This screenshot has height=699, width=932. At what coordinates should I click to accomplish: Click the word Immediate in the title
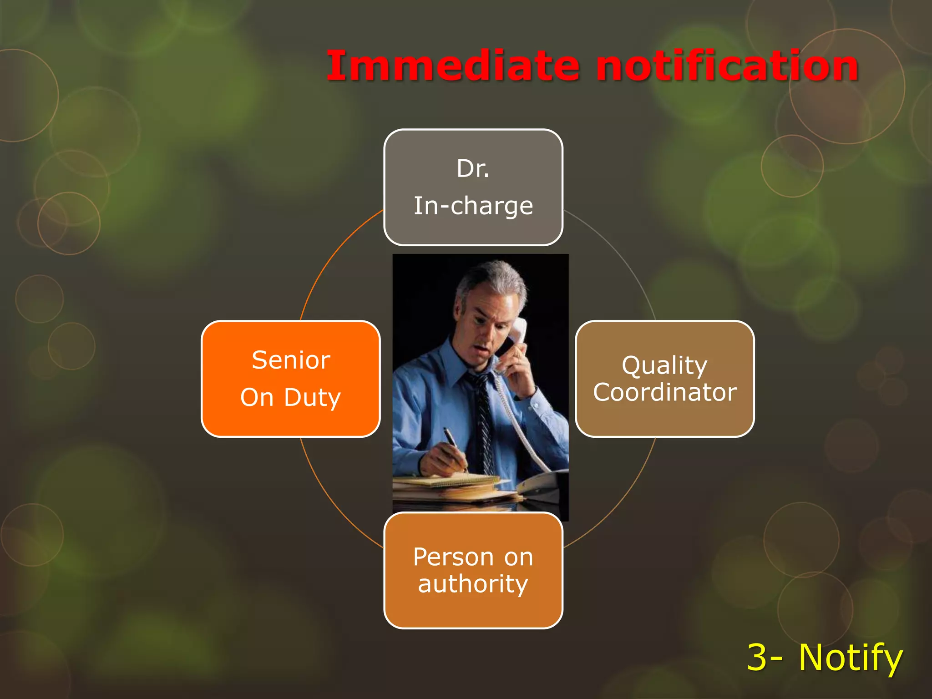pos(453,66)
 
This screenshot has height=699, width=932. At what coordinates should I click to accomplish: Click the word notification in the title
pos(727,66)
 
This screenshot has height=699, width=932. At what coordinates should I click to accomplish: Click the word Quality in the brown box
pos(664,365)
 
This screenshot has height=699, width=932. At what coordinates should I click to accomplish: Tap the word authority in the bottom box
pos(473,584)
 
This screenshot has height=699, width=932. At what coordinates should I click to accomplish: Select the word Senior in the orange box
pos(291,360)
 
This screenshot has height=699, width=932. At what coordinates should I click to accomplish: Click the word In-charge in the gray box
pos(473,206)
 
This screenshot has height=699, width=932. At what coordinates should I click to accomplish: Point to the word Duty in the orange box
pos(312,397)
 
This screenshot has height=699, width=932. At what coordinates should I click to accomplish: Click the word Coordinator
pos(665,392)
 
